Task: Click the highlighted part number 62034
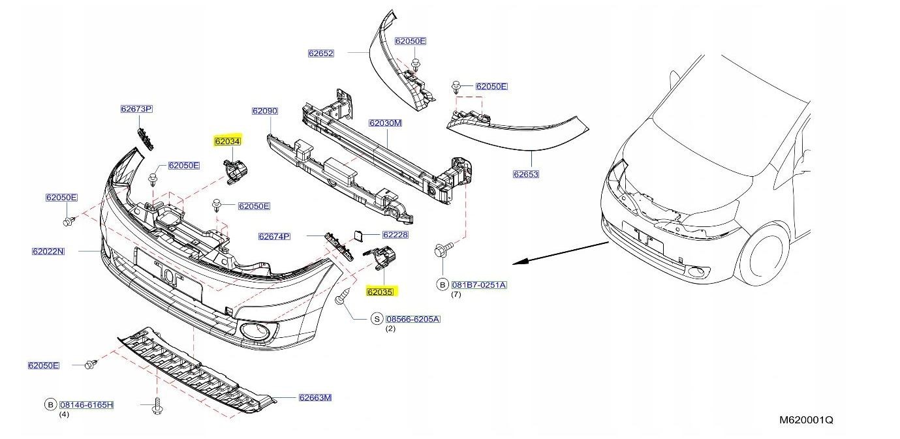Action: coord(228,141)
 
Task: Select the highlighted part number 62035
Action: coord(380,292)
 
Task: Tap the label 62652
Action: coord(321,53)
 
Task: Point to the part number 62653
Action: coord(526,174)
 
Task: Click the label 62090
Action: coord(265,111)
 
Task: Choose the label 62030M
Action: coord(385,123)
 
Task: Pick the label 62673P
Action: coord(136,109)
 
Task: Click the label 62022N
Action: coord(48,251)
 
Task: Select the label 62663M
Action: coord(315,397)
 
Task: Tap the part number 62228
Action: coord(395,235)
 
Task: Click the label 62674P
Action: coord(274,236)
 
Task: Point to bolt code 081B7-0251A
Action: coord(479,285)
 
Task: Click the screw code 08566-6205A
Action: coord(413,319)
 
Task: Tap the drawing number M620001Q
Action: coord(806,420)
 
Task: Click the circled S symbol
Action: coord(377,319)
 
